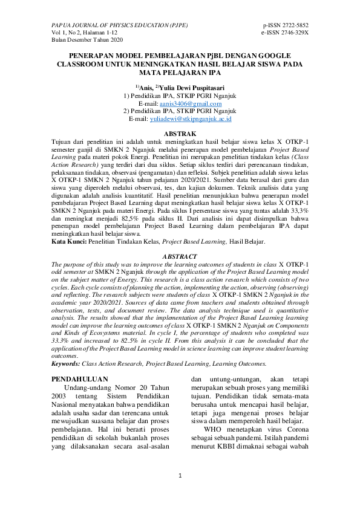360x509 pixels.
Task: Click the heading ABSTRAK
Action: [x=180, y=132]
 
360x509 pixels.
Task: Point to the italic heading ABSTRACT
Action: [x=180, y=256]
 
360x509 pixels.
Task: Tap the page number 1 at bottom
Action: [x=180, y=477]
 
